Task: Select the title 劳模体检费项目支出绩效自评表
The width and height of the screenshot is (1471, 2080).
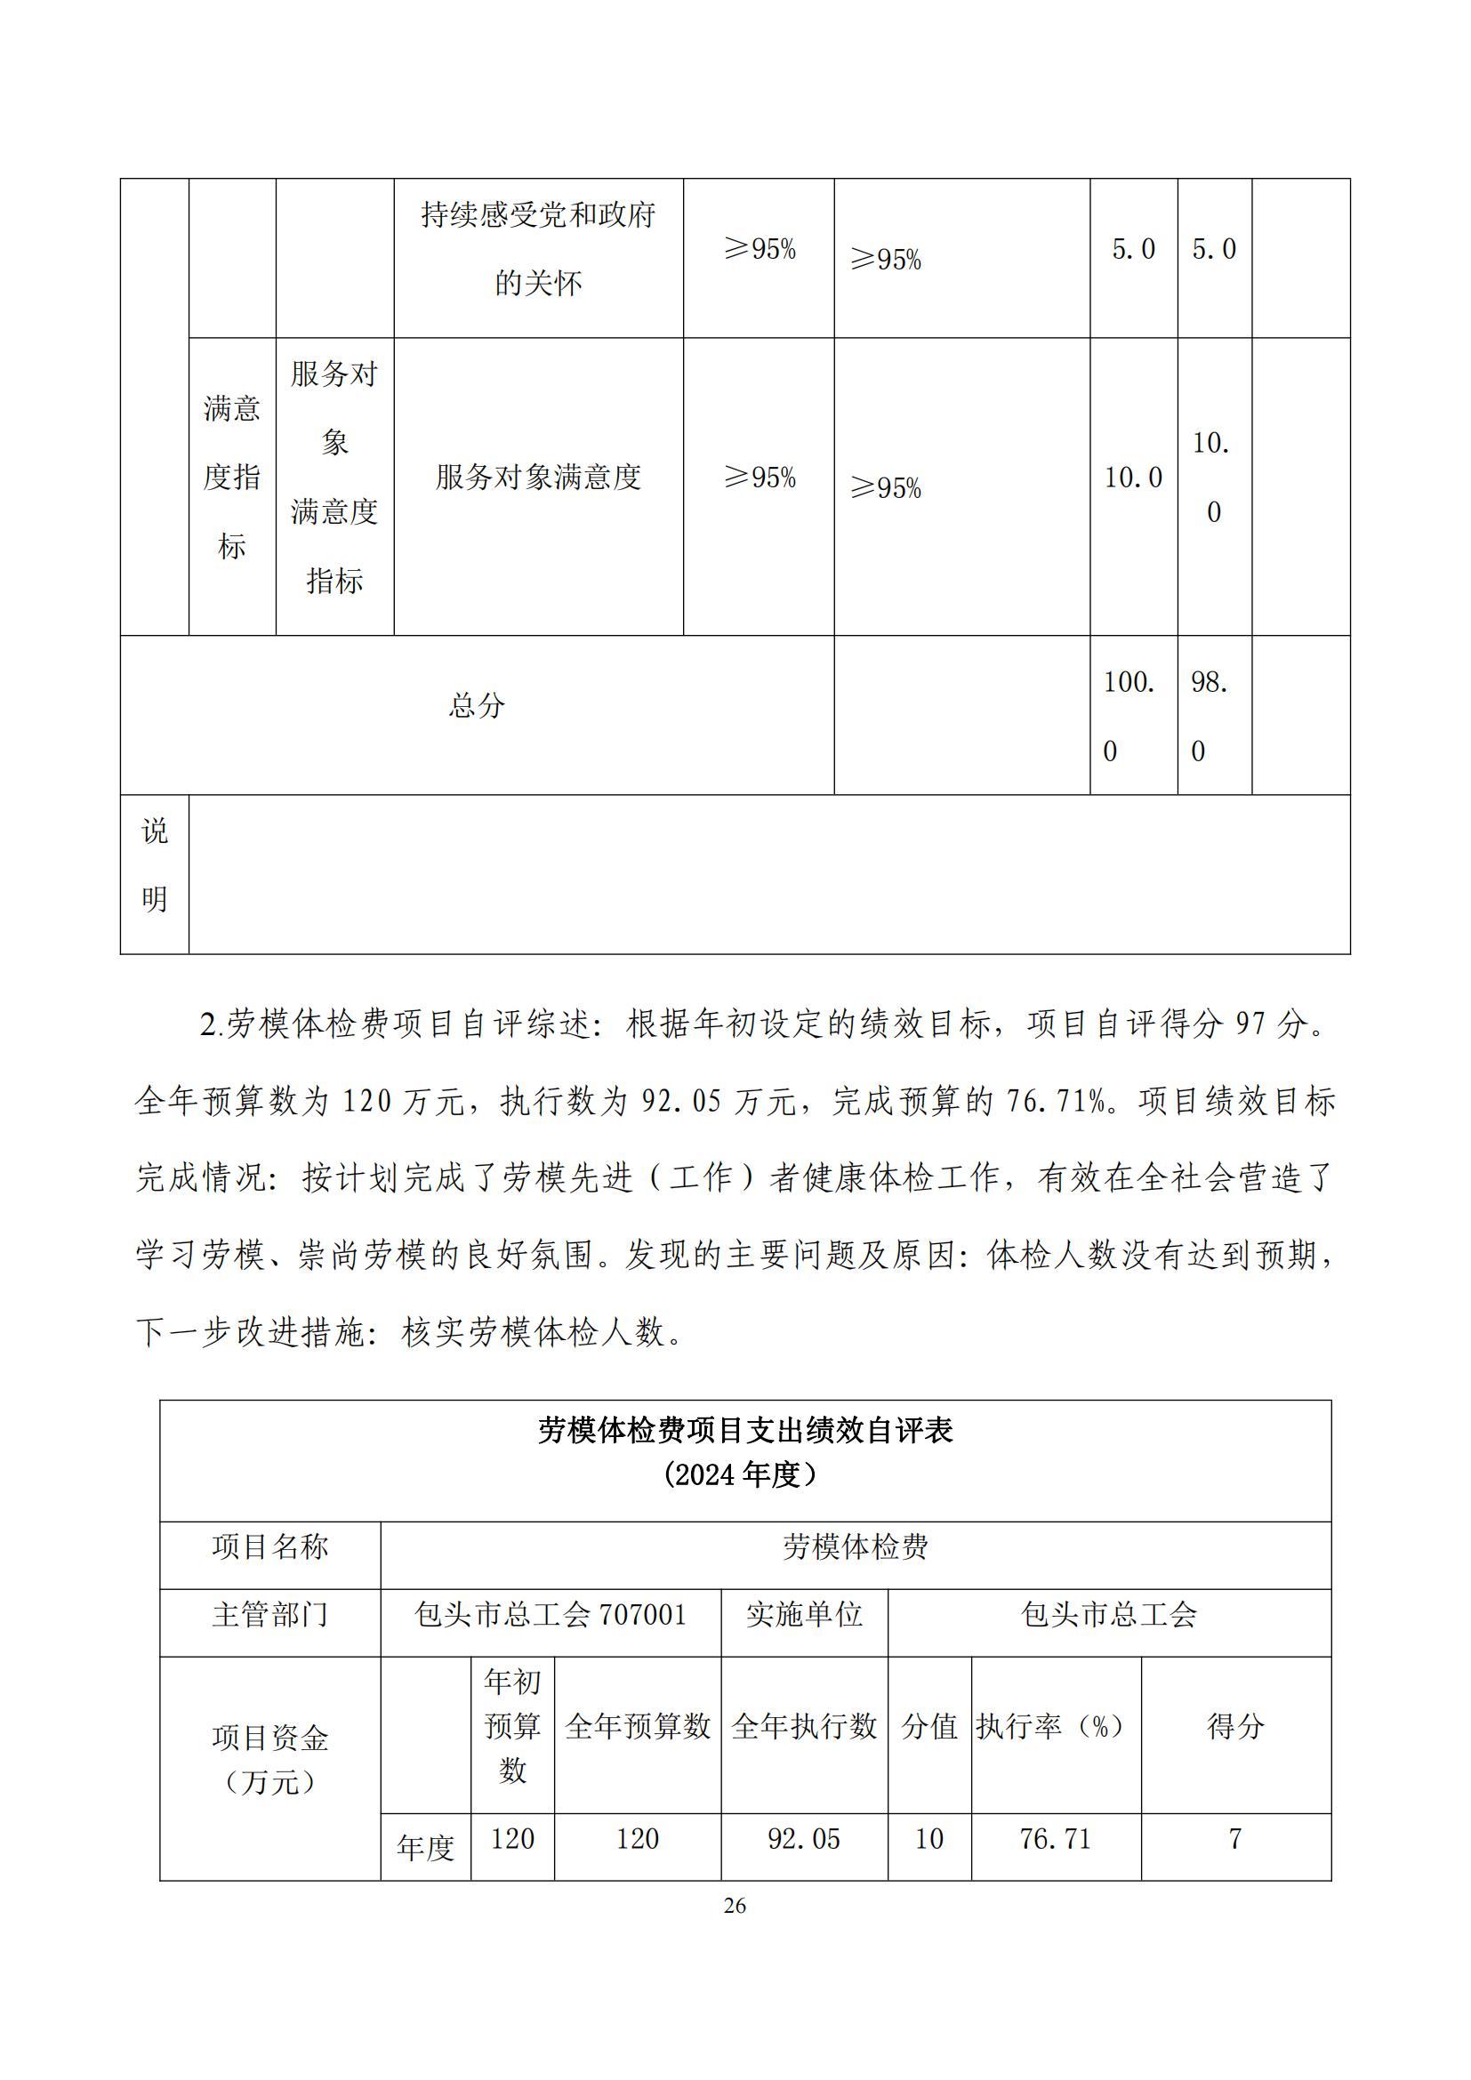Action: (744, 1431)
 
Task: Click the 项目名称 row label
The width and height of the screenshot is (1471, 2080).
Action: (270, 1546)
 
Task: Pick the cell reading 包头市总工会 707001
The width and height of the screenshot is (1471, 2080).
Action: (551, 1613)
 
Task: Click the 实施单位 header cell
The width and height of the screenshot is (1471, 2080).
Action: (803, 1613)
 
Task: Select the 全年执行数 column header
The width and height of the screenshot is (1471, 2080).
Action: (803, 1726)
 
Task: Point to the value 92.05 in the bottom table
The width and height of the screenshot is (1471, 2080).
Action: (803, 1838)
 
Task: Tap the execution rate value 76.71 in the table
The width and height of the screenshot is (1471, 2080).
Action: (1056, 1838)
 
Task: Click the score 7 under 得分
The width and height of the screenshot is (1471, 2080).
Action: (1234, 1838)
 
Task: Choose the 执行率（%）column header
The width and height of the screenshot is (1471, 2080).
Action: (1056, 1726)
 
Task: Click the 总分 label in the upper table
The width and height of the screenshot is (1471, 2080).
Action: (477, 706)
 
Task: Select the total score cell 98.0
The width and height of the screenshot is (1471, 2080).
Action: (1213, 716)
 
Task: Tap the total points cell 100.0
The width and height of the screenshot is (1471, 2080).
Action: (1131, 716)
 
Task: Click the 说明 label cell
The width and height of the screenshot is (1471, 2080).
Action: (154, 864)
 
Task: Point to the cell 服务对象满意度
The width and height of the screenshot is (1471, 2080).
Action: (538, 478)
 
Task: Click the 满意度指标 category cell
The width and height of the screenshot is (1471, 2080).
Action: (232, 478)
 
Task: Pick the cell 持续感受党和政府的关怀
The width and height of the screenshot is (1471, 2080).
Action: (538, 249)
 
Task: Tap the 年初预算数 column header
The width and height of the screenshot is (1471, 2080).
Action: (511, 1726)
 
